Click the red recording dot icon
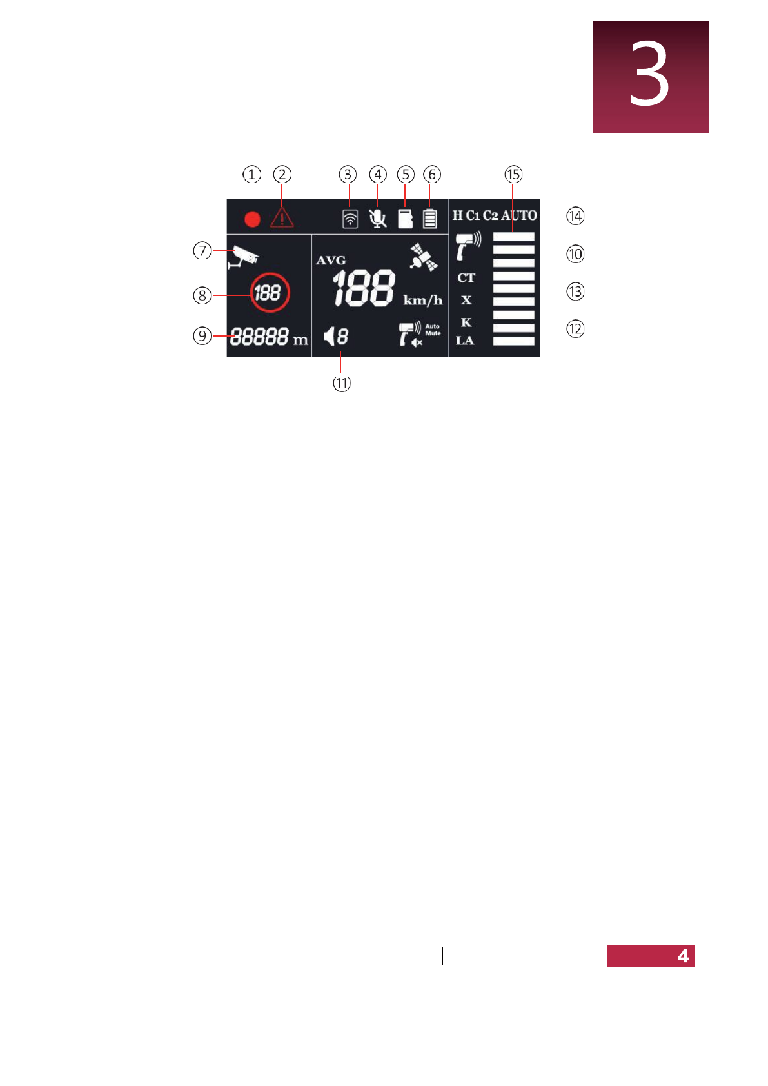point(252,219)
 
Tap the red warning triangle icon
point(282,218)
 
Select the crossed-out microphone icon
point(378,219)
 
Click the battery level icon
point(430,219)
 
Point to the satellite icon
point(424,257)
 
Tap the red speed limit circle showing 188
point(270,293)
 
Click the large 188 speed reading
point(364,288)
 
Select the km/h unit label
point(423,301)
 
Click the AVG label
point(331,261)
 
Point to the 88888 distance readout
point(259,337)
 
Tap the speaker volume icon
point(330,336)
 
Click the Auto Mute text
point(433,330)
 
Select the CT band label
point(466,278)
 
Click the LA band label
point(465,341)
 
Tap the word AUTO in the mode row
point(519,215)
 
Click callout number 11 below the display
point(342,383)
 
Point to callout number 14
point(575,216)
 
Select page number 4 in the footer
point(683,956)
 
